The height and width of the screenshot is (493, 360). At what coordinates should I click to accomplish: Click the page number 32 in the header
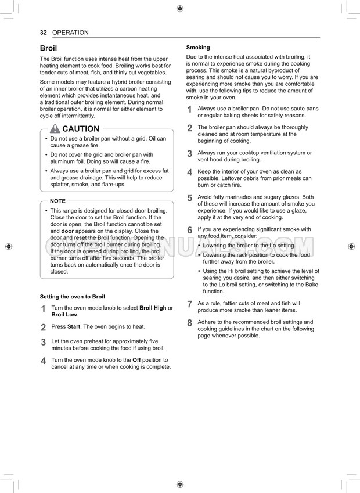pyautogui.click(x=43, y=33)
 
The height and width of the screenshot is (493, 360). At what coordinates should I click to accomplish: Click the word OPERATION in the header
pyautogui.click(x=70, y=33)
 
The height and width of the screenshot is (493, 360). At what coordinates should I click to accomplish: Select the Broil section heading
pyautogui.click(x=48, y=48)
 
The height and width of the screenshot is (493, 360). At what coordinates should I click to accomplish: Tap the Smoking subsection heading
pyautogui.click(x=198, y=48)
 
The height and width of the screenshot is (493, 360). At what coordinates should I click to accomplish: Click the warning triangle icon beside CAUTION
pyautogui.click(x=55, y=129)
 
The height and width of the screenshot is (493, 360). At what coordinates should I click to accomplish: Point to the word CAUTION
pyautogui.click(x=81, y=129)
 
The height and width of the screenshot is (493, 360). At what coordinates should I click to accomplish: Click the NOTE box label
pyautogui.click(x=57, y=200)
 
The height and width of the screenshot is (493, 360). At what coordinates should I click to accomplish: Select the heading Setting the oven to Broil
pyautogui.click(x=72, y=297)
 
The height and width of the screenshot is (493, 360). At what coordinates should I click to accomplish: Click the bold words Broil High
pyautogui.click(x=153, y=308)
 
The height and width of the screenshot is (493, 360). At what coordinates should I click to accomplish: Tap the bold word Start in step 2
pyautogui.click(x=74, y=327)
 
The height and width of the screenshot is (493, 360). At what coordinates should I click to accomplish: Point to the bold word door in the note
pyautogui.click(x=69, y=231)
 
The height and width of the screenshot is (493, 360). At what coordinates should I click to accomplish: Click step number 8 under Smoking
pyautogui.click(x=189, y=323)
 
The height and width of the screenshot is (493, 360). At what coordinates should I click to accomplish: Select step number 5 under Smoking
pyautogui.click(x=189, y=199)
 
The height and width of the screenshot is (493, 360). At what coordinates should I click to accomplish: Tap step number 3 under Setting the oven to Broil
pyautogui.click(x=44, y=343)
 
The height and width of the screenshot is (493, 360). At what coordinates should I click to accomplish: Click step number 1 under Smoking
pyautogui.click(x=189, y=110)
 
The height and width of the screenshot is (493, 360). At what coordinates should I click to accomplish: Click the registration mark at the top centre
pyautogui.click(x=180, y=8)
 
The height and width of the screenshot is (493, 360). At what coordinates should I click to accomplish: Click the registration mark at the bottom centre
pyautogui.click(x=180, y=484)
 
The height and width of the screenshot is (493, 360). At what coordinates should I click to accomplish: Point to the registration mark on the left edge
pyautogui.click(x=8, y=246)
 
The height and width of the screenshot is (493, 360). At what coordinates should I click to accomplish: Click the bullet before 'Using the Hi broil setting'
pyautogui.click(x=199, y=271)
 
